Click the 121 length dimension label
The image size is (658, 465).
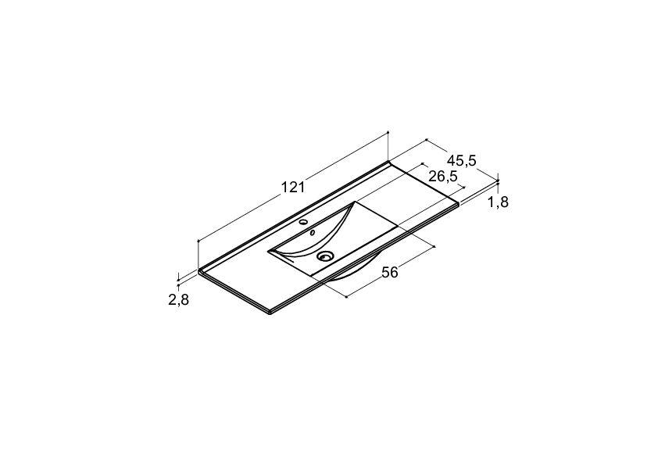(292, 188)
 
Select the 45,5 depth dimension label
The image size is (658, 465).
(462, 160)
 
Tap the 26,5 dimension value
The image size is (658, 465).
(443, 177)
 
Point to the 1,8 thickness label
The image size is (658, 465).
(498, 202)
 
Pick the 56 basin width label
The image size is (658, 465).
(389, 273)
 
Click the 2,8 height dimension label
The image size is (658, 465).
(179, 299)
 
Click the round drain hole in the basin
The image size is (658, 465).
(325, 256)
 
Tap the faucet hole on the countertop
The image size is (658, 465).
(304, 222)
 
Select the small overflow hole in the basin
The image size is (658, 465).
(313, 232)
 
